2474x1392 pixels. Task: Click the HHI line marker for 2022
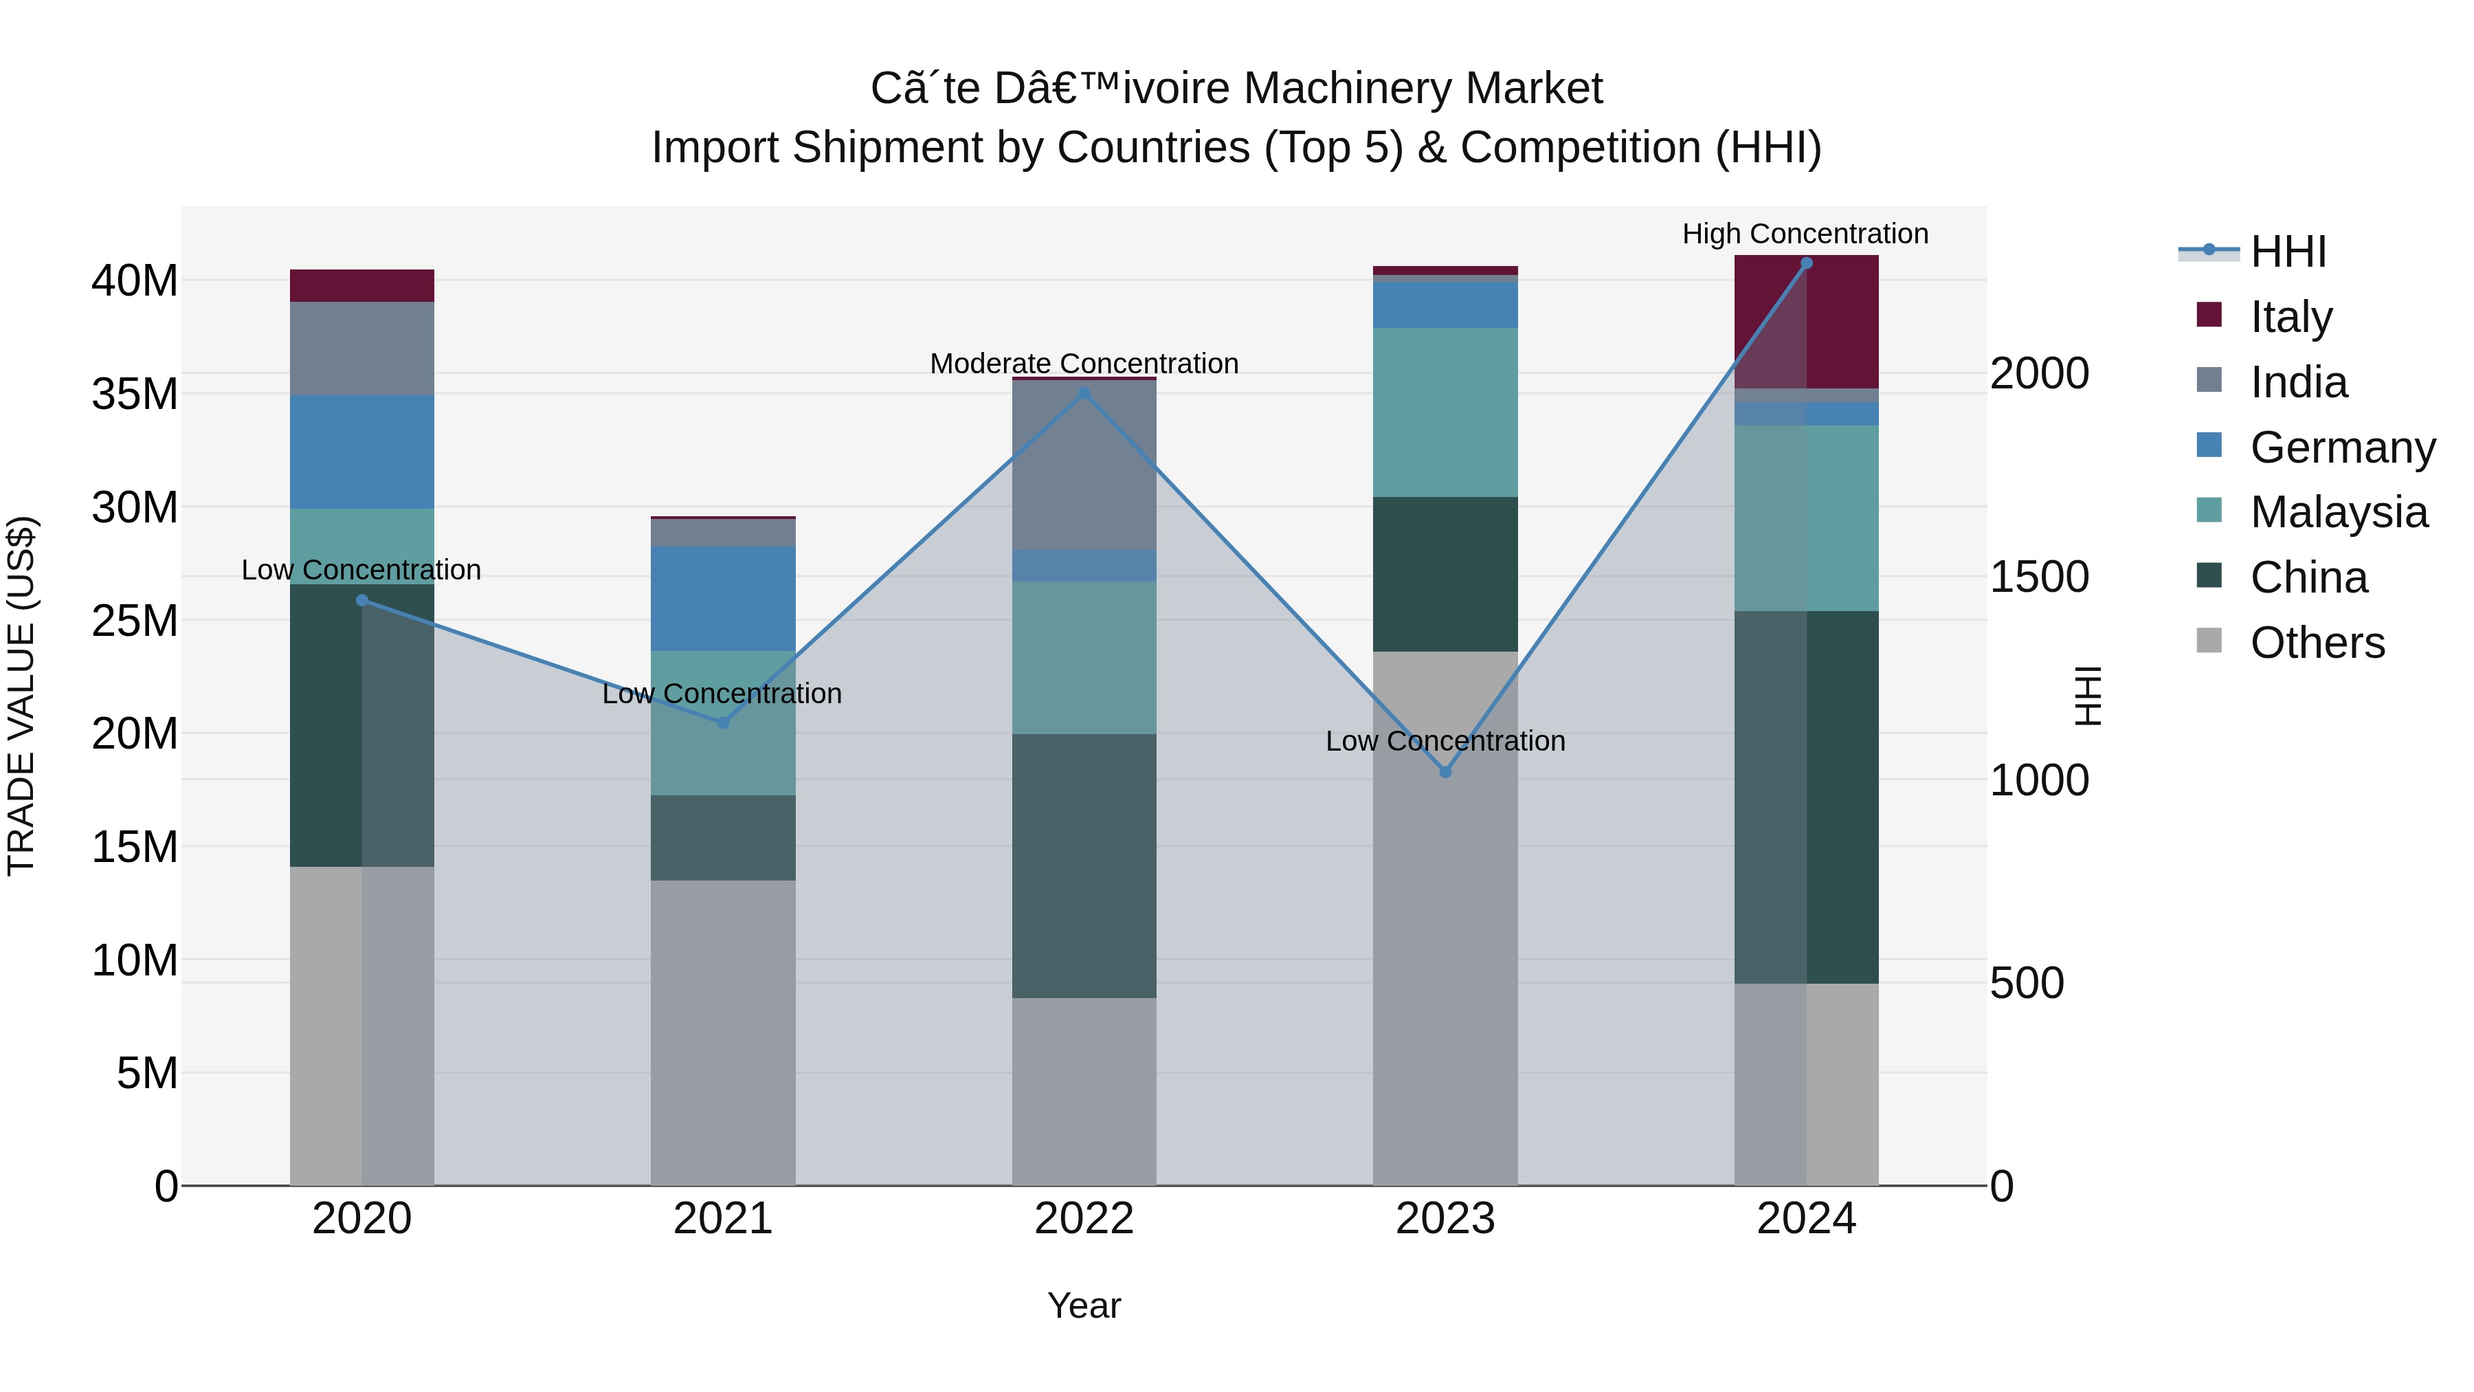[x=1084, y=393]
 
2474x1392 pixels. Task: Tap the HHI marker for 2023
[x=1445, y=771]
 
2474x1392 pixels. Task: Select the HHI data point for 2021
[x=723, y=722]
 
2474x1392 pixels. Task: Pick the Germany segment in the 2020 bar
[x=362, y=452]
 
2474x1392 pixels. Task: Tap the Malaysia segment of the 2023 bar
[x=1445, y=412]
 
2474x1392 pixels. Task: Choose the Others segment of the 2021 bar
[x=723, y=1032]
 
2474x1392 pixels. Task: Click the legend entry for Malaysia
[x=2338, y=512]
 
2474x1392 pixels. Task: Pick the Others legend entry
[x=2317, y=643]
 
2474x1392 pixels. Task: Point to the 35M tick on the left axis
[x=135, y=394]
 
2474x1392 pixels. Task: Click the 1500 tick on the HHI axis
[x=2039, y=577]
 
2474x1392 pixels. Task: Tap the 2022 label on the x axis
[x=1084, y=1219]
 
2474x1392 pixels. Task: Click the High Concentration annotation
[x=1805, y=234]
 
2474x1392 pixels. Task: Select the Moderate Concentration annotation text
[x=1084, y=363]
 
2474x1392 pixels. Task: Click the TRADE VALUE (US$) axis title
[x=21, y=696]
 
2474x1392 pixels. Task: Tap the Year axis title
[x=1084, y=1305]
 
